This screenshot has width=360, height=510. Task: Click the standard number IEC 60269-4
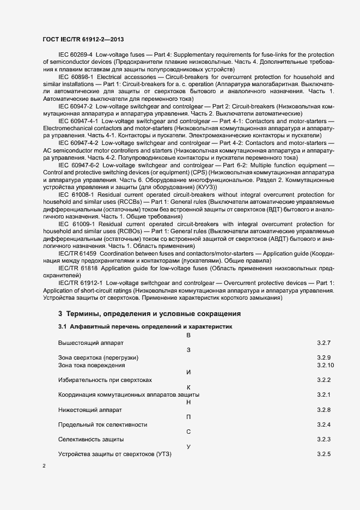click(x=75, y=55)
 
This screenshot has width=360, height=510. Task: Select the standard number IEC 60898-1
click(x=76, y=77)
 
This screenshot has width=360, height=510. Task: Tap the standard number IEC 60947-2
click(x=75, y=106)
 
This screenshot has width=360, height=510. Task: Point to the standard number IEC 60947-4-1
click(x=78, y=120)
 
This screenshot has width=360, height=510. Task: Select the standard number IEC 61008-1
click(x=76, y=193)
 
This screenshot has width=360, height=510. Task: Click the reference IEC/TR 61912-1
click(x=80, y=283)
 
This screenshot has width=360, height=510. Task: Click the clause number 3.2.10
click(x=325, y=365)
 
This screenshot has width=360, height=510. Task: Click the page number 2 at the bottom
click(x=44, y=466)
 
